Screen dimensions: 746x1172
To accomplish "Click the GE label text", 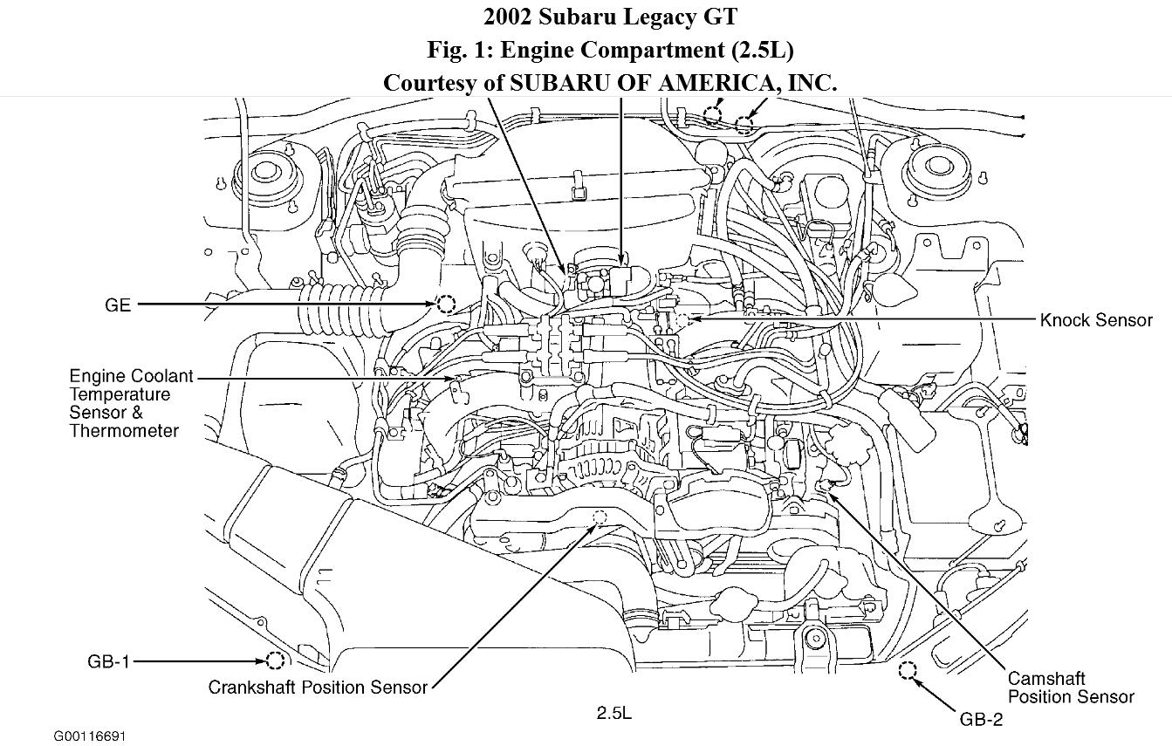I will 117,305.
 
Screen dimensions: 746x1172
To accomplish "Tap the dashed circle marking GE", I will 446,305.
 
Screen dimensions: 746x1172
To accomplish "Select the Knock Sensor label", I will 1096,320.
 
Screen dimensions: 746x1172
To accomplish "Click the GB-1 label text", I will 108,661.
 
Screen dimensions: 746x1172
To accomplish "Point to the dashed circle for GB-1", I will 275,660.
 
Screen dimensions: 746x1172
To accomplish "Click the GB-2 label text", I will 981,720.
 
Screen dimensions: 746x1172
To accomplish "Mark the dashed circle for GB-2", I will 908,670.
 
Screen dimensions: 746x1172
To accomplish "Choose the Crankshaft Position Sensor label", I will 318,688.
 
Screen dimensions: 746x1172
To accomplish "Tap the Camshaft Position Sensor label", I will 1070,688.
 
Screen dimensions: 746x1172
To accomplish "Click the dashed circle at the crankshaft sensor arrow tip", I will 600,518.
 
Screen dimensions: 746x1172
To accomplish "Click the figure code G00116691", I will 90,736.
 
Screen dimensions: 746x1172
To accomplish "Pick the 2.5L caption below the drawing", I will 613,713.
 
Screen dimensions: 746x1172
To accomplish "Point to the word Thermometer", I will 124,431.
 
